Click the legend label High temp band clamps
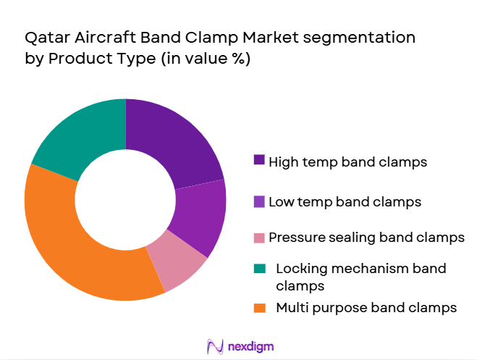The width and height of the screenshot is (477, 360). coord(347,162)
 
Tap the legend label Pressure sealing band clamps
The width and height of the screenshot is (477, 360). coord(366,237)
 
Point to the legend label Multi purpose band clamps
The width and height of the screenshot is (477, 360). coord(366,307)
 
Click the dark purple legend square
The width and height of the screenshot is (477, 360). coord(259,161)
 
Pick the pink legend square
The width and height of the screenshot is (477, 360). coord(259,237)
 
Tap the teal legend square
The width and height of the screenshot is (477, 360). coord(259,268)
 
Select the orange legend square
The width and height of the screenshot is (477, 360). coord(259,307)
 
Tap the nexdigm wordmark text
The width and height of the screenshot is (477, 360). coord(250,346)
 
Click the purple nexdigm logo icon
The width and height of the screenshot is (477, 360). coord(215,346)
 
